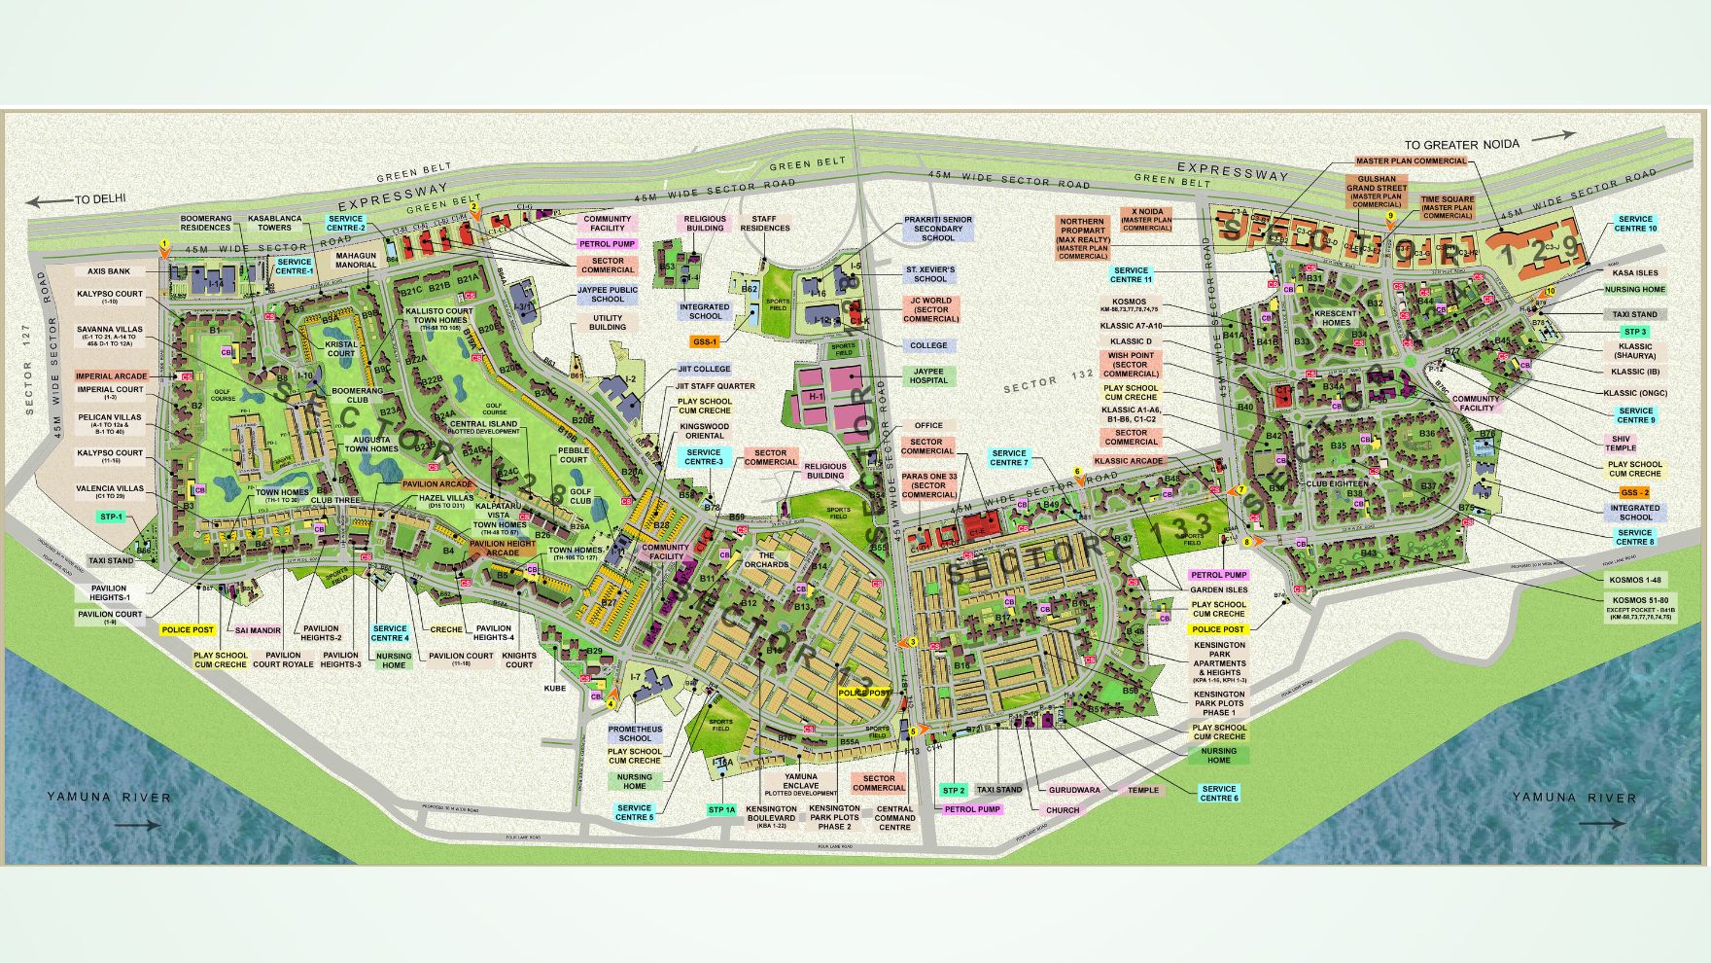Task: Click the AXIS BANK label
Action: (109, 272)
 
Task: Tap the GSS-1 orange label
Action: (704, 342)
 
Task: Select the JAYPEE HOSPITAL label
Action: (928, 375)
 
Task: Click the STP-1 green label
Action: (112, 517)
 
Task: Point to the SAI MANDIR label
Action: (258, 630)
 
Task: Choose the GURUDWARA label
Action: (1074, 790)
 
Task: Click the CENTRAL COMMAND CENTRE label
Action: (894, 818)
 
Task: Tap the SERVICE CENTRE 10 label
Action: (1635, 224)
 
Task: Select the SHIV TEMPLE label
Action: (1621, 444)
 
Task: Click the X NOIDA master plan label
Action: (1146, 219)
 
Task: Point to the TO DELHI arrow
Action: (49, 202)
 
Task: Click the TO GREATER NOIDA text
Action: (1461, 144)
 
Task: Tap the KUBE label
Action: (554, 688)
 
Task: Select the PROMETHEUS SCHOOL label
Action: (635, 733)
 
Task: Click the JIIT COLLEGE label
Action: (704, 369)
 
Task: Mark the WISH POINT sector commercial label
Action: (1131, 365)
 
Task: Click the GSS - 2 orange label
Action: (1635, 492)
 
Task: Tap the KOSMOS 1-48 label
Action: (1635, 580)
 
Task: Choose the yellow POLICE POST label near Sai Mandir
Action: (188, 630)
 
